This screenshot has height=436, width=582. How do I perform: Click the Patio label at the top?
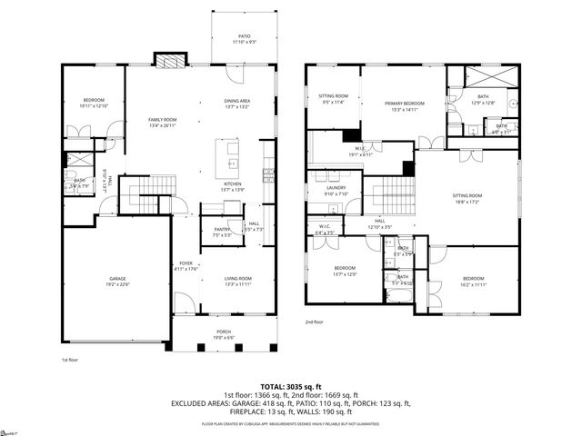click(x=231, y=37)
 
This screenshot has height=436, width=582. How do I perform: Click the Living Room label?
click(x=238, y=281)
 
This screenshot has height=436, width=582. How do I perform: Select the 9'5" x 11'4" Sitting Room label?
click(x=333, y=98)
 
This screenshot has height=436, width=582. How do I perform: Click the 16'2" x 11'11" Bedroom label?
click(x=474, y=281)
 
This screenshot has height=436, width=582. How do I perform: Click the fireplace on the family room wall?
click(x=170, y=61)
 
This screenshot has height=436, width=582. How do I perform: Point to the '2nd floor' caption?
click(x=314, y=322)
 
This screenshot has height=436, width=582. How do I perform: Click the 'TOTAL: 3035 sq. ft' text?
click(x=291, y=385)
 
